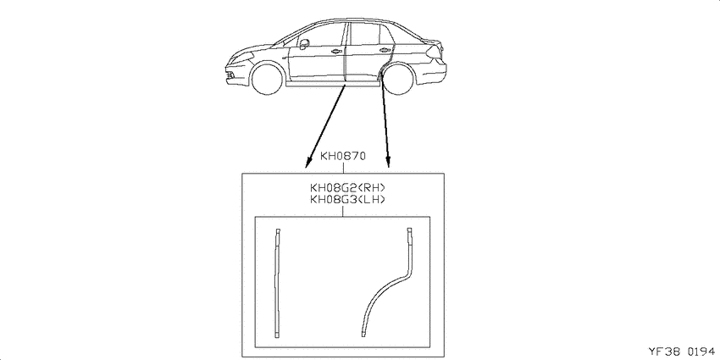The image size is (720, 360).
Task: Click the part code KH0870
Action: tap(342, 157)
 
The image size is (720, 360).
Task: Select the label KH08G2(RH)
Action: tap(347, 188)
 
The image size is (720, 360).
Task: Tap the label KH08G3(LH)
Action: tap(347, 200)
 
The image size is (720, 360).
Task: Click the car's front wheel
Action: tap(267, 80)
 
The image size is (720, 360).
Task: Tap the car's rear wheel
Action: tap(397, 80)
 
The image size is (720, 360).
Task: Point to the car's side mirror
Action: tap(303, 44)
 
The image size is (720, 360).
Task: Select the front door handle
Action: tap(335, 51)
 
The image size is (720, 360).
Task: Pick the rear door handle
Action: tap(383, 50)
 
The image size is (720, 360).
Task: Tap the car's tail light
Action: tap(435, 53)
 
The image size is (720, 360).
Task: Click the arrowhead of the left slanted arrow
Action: tap(308, 163)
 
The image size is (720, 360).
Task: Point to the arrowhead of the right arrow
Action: tap(388, 162)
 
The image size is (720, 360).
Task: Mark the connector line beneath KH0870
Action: tap(343, 168)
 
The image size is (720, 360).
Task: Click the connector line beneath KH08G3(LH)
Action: tap(343, 211)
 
